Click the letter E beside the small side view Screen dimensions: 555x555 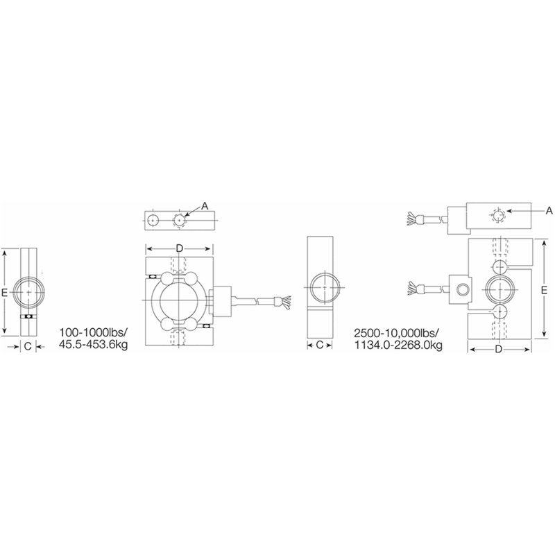point(6,293)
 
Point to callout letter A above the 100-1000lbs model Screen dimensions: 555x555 point(205,205)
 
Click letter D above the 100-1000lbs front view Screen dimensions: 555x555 point(178,248)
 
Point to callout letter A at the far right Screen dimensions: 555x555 point(548,210)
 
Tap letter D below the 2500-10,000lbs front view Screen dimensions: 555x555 point(498,349)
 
